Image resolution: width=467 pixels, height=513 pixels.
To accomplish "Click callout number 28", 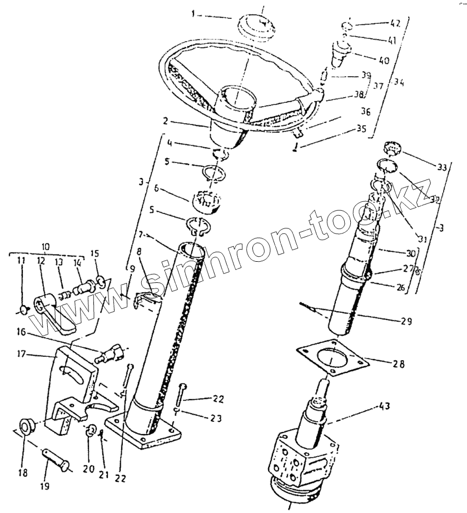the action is point(399,365).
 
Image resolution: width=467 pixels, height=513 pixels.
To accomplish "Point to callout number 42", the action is point(395,24).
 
